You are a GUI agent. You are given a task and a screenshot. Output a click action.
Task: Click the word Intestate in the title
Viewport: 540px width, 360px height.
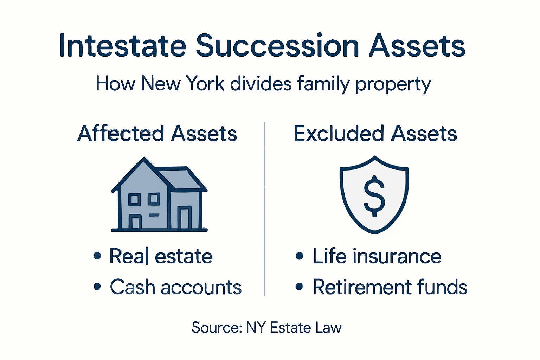(x=122, y=46)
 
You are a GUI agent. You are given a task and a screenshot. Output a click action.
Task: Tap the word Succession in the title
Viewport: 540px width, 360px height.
(x=277, y=46)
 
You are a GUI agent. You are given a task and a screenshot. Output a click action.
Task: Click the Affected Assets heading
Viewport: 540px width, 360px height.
(x=157, y=134)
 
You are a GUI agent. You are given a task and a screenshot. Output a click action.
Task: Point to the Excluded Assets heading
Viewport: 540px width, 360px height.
(x=375, y=134)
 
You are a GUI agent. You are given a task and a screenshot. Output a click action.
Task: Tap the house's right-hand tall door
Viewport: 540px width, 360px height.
(x=184, y=218)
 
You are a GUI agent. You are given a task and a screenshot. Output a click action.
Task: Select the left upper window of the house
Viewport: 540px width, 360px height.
(x=134, y=199)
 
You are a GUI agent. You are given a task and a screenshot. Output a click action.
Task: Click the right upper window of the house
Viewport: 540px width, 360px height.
(x=154, y=199)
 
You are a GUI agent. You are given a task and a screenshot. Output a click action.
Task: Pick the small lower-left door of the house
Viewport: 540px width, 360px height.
(x=135, y=222)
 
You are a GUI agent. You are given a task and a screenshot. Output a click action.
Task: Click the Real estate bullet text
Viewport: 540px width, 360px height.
(x=161, y=256)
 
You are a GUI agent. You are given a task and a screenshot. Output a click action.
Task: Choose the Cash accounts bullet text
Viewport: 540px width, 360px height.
(x=175, y=287)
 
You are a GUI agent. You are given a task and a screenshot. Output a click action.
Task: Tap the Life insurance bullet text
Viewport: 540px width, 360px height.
(x=377, y=256)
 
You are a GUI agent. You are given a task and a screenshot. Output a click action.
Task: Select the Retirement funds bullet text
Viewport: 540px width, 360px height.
(x=390, y=287)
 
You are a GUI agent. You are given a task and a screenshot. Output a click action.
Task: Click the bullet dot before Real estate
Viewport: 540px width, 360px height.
(x=97, y=256)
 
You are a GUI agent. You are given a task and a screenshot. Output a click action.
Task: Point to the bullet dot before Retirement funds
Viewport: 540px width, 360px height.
(x=299, y=287)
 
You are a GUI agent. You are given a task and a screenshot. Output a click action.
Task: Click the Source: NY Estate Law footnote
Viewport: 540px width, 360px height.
(x=266, y=328)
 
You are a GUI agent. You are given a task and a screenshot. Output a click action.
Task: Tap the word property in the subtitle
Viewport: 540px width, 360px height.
(x=393, y=84)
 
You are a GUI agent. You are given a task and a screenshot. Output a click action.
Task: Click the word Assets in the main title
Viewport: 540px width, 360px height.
(x=417, y=46)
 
